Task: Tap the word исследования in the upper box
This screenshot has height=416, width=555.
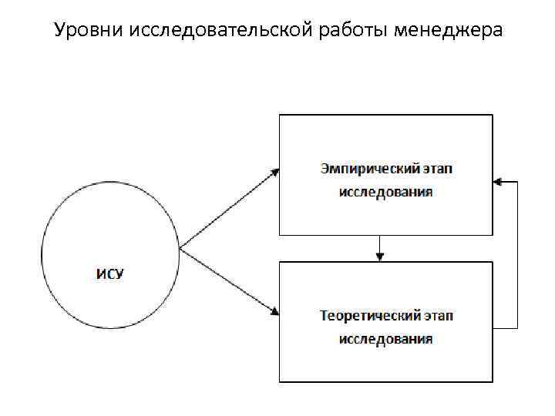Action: (385, 192)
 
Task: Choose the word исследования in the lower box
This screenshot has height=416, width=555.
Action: (385, 339)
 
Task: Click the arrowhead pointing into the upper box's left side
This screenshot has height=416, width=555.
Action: (274, 172)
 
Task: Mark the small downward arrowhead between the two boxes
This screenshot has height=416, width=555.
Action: (378, 257)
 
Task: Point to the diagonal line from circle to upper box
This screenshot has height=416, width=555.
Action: (227, 210)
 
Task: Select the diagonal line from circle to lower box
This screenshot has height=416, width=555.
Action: (227, 280)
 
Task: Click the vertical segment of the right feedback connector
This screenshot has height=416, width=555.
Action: (517, 254)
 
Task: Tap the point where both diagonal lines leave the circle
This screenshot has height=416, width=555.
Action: (180, 249)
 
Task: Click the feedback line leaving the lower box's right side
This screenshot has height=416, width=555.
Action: (505, 328)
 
